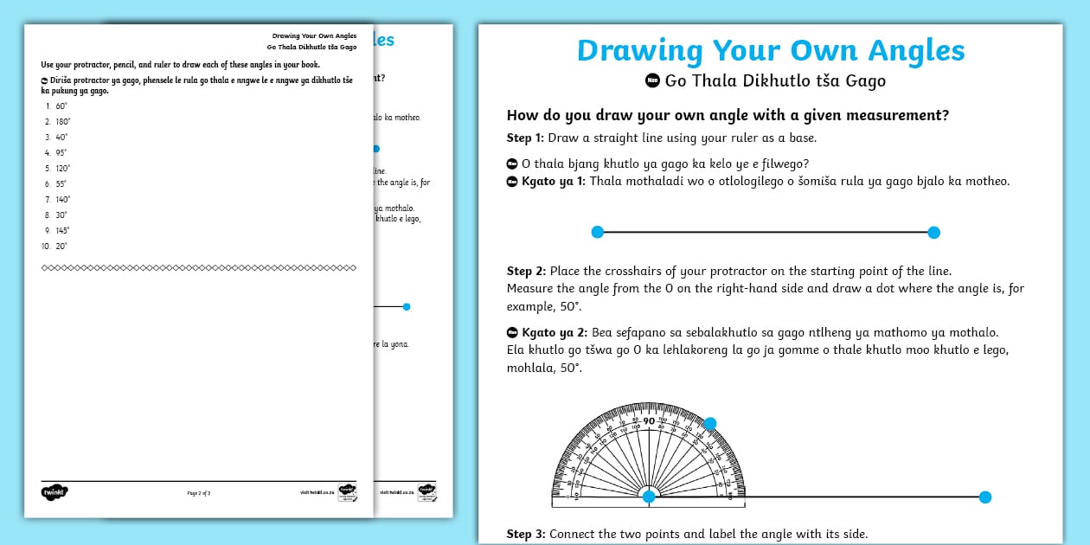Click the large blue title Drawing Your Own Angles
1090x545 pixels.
click(770, 50)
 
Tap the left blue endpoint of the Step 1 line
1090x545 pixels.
click(597, 232)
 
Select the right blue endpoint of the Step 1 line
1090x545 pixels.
click(933, 232)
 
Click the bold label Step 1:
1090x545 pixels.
click(526, 138)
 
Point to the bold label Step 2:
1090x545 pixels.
click(526, 271)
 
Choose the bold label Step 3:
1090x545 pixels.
click(526, 534)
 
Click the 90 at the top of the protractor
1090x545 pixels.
click(649, 421)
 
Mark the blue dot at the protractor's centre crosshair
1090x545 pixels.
click(649, 496)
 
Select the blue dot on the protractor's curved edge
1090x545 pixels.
click(710, 423)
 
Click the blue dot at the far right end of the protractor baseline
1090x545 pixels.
click(984, 497)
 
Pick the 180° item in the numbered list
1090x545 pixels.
click(61, 121)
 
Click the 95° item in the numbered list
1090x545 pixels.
click(61, 152)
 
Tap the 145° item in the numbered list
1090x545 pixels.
click(61, 230)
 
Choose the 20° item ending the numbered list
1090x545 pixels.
click(61, 246)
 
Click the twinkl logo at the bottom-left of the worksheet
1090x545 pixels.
click(54, 492)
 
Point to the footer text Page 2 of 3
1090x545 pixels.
click(199, 493)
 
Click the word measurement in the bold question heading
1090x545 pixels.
click(886, 115)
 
